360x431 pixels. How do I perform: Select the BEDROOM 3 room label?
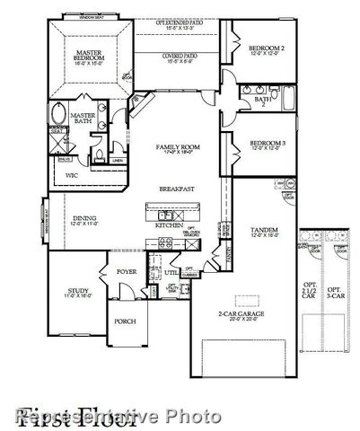(x=268, y=143)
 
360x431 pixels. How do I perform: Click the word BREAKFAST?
(x=177, y=189)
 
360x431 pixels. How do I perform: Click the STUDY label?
(x=76, y=291)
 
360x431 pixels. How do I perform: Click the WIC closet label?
(x=71, y=177)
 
